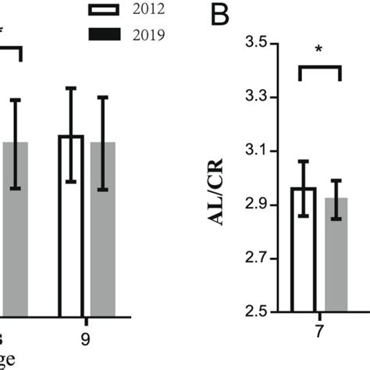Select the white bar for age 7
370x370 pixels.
(304, 250)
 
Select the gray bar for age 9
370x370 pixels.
(103, 226)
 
